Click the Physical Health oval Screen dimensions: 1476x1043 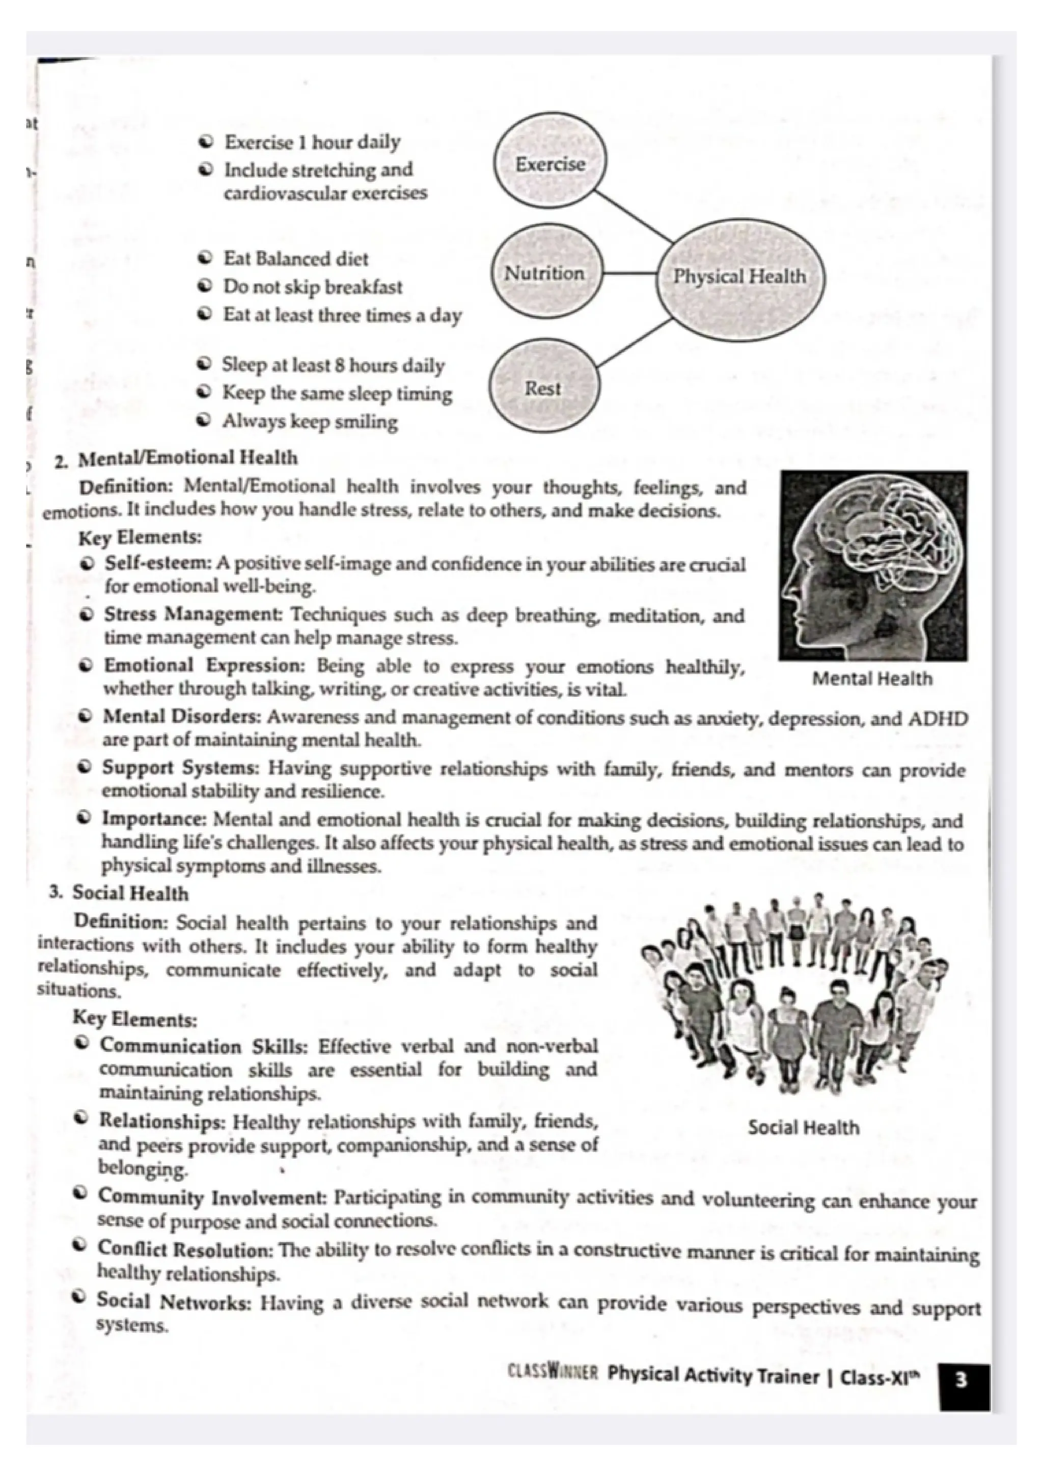click(739, 277)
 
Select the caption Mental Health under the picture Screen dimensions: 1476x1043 click(872, 679)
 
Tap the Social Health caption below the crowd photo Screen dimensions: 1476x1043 click(803, 1128)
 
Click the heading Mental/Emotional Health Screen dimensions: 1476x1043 click(187, 458)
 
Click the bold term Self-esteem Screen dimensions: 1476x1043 click(158, 564)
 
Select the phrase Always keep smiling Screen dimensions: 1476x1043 click(310, 422)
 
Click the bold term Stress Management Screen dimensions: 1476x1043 click(193, 615)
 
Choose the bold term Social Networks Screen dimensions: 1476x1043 click(174, 1303)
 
